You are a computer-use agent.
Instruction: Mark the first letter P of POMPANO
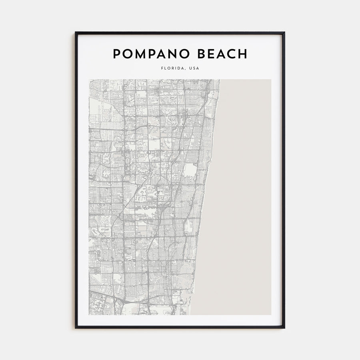[117, 54]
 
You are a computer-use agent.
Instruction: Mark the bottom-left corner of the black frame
[76, 328]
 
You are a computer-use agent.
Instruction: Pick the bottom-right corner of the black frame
[284, 328]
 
